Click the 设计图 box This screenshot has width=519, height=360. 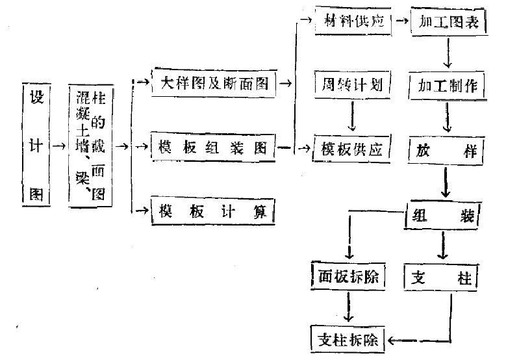(x=36, y=145)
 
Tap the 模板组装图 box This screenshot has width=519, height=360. (x=213, y=148)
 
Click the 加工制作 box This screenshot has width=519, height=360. (x=448, y=85)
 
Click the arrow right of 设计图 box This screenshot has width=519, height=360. (x=58, y=146)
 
